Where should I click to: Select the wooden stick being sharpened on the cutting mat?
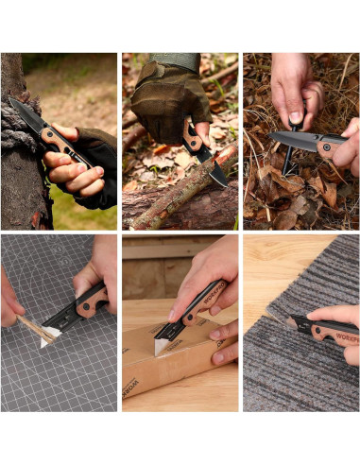coord(34,330)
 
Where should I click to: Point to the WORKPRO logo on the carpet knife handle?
coord(343,333)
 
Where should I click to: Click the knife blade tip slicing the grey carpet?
coord(292,321)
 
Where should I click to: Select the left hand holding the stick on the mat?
coord(9,301)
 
